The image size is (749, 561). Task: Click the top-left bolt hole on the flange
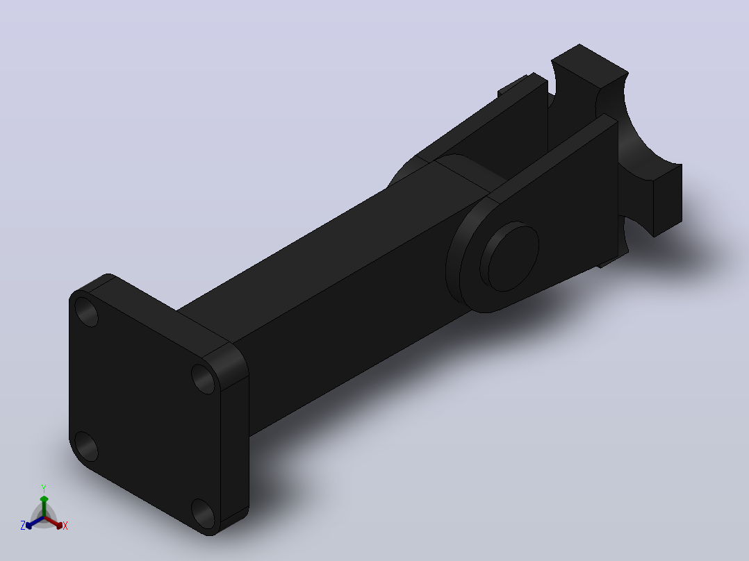(x=86, y=312)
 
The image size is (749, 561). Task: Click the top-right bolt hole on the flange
(x=203, y=378)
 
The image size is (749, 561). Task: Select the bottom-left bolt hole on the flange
(x=86, y=446)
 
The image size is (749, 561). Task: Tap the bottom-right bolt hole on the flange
(x=203, y=513)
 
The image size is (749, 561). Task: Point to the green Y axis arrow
(x=44, y=505)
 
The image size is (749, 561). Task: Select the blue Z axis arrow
(x=35, y=523)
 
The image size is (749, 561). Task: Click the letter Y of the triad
(x=44, y=489)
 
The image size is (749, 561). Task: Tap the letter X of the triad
(x=65, y=526)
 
